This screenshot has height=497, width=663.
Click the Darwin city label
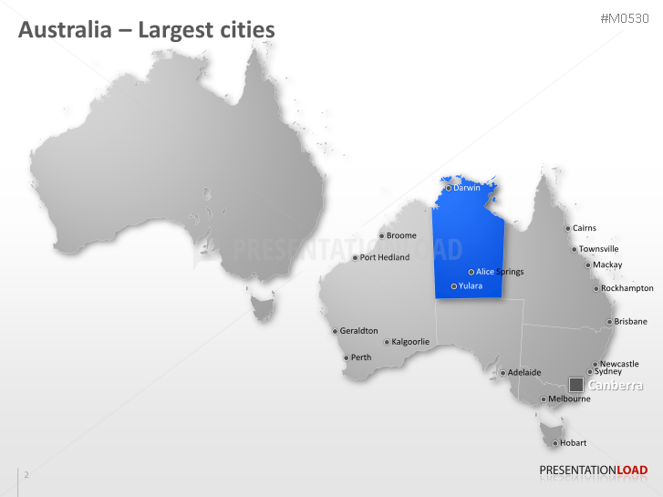(x=467, y=189)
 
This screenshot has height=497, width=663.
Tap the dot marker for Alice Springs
(x=471, y=272)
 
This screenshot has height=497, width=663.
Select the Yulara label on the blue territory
(x=471, y=286)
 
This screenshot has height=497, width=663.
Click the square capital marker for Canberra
(x=576, y=385)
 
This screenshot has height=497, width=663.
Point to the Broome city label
(x=401, y=236)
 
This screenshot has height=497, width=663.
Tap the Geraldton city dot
(x=335, y=331)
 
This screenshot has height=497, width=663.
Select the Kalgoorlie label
(x=410, y=342)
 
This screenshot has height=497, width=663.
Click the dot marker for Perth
(x=346, y=357)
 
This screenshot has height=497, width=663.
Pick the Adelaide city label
(x=524, y=372)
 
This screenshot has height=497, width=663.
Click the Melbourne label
(x=570, y=399)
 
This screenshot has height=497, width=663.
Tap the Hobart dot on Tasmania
(x=554, y=443)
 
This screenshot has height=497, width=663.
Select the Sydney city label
(x=608, y=371)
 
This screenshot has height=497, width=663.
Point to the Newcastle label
(x=620, y=364)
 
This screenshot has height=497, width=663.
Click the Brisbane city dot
(x=609, y=322)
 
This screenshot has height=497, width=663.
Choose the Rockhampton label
(x=627, y=288)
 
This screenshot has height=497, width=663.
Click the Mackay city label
(x=607, y=264)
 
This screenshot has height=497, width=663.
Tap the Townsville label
(x=599, y=249)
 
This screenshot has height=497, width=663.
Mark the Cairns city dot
(x=567, y=229)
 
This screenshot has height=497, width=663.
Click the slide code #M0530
(x=625, y=19)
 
